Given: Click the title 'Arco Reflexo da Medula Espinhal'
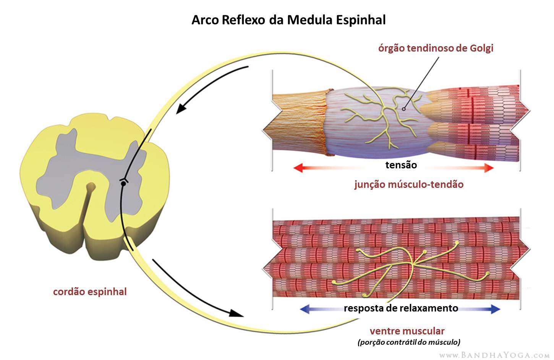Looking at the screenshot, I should tap(288, 20).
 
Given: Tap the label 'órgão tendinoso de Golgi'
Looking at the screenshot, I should tap(436, 48).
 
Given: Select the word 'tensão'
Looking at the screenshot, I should tap(401, 165).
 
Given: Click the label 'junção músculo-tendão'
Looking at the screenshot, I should tap(409, 184).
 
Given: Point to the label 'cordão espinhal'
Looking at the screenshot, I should tap(90, 292).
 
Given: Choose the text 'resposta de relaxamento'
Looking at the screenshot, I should tap(401, 308).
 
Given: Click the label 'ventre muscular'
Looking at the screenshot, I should tap(407, 331).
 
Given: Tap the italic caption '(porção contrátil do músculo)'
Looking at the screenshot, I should tap(409, 342).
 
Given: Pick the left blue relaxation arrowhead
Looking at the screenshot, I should tap(305, 309).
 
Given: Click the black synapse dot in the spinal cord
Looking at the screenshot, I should tap(123, 184).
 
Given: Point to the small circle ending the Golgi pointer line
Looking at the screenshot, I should tap(404, 109).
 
